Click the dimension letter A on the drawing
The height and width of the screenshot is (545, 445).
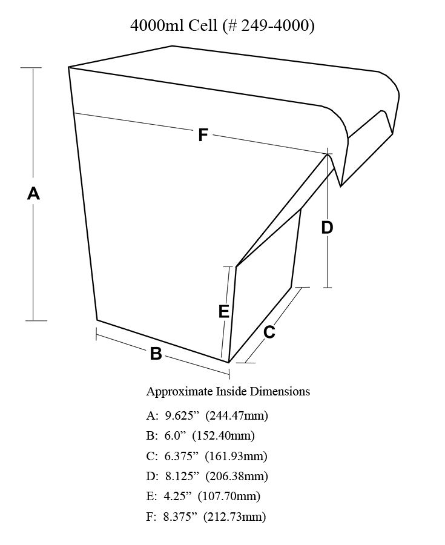33,193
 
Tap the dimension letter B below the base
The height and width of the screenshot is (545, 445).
156,354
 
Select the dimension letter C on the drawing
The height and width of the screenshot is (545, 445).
269,332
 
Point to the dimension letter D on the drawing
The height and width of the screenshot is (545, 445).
327,228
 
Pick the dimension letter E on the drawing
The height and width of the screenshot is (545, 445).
224,311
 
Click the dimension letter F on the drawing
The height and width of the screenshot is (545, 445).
203,135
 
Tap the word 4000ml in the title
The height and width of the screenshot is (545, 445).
157,25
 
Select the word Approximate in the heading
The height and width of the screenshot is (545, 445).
179,392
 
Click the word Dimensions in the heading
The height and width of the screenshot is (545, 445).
280,391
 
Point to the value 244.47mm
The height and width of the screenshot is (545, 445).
237,415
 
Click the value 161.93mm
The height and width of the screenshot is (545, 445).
236,455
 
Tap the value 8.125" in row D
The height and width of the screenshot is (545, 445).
182,476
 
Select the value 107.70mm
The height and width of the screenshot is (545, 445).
229,496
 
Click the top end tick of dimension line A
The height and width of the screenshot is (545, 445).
31,68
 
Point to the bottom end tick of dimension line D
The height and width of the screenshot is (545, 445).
327,288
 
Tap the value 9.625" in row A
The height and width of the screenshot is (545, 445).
182,415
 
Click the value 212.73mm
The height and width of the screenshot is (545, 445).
235,517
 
